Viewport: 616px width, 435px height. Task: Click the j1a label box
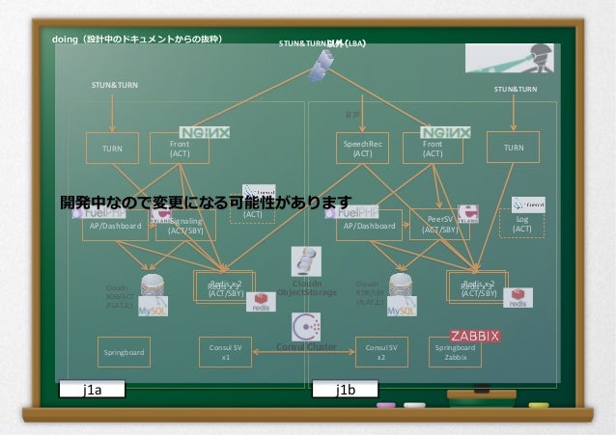point(94,391)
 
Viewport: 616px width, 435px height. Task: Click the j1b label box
point(346,391)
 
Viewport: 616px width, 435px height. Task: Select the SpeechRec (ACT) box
point(362,148)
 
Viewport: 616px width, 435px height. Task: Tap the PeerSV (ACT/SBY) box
point(439,226)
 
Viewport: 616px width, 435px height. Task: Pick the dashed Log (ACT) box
point(521,225)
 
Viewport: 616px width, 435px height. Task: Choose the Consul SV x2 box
point(380,351)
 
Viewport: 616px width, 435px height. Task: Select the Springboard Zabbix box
point(455,352)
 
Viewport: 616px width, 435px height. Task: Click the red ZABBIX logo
point(474,336)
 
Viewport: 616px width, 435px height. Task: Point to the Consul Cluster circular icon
point(306,326)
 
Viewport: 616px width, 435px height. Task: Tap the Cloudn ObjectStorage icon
point(306,263)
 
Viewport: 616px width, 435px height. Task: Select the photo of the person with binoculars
point(508,59)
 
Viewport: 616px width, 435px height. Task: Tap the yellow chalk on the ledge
point(539,406)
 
